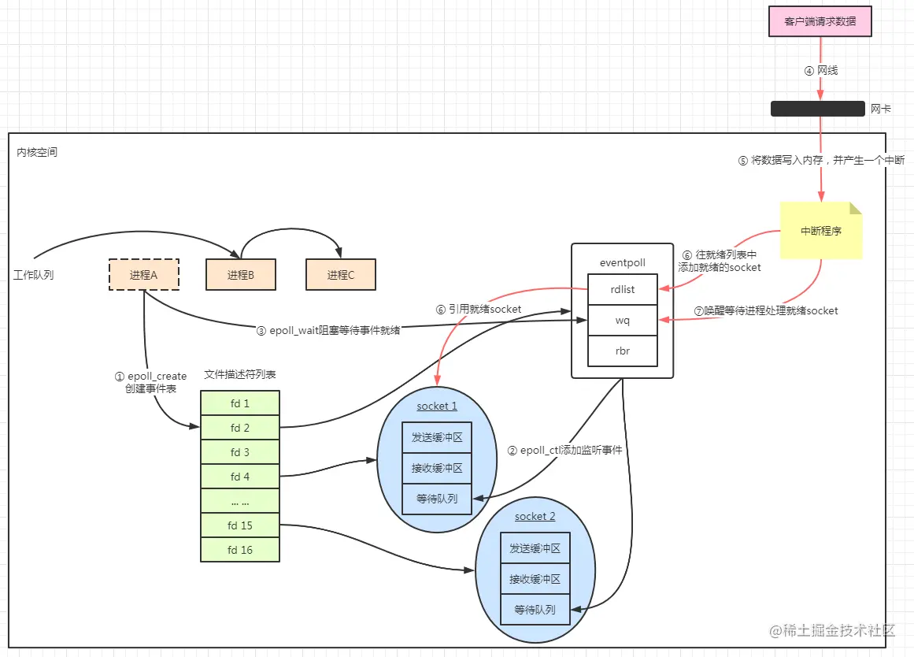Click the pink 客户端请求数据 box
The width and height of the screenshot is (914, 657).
click(x=820, y=22)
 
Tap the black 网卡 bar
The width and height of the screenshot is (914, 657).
click(x=818, y=109)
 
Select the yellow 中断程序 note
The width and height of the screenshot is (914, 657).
click(x=821, y=231)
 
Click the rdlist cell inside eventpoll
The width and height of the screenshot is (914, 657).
click(x=622, y=289)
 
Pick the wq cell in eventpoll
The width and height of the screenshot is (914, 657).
click(x=622, y=321)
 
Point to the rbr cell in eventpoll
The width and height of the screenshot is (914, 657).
click(x=622, y=351)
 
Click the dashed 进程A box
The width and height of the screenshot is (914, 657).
click(x=143, y=275)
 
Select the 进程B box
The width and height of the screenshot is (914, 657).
click(x=241, y=275)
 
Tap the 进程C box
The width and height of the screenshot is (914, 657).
click(x=341, y=275)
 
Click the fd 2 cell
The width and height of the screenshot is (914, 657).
click(x=240, y=428)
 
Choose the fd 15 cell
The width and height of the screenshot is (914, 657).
click(x=240, y=525)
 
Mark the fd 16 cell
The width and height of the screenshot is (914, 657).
click(x=240, y=550)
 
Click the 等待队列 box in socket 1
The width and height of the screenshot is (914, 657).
click(x=436, y=499)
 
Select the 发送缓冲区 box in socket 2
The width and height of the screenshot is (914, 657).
click(x=535, y=548)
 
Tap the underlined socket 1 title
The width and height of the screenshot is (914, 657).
click(x=437, y=406)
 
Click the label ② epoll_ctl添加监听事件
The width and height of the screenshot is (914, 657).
click(x=564, y=451)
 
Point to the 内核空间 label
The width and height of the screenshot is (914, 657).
click(x=37, y=152)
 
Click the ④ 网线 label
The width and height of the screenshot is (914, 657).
click(x=821, y=70)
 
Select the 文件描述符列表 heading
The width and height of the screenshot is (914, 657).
click(x=240, y=375)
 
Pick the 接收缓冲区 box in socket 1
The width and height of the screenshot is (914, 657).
click(x=436, y=468)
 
